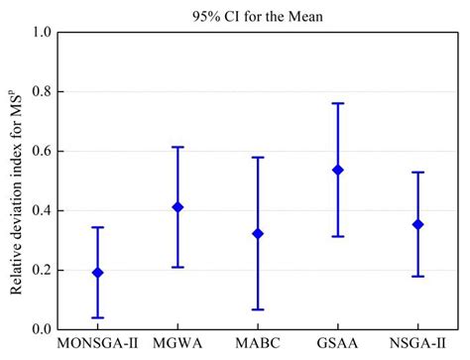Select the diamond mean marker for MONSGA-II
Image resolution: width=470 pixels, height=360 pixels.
[97, 272]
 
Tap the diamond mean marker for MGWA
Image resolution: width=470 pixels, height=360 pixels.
[177, 207]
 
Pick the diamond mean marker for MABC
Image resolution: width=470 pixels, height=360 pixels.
[258, 234]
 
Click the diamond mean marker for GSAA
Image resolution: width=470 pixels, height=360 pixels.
[338, 170]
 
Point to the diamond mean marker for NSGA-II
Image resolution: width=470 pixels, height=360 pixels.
[417, 224]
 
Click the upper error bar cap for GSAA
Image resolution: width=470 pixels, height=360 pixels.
[338, 103]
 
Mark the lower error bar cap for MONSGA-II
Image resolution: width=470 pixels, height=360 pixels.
[97, 317]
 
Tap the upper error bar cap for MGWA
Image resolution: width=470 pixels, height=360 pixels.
[177, 147]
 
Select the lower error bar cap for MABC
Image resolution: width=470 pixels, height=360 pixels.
[258, 309]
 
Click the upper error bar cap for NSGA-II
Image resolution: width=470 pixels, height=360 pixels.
[417, 173]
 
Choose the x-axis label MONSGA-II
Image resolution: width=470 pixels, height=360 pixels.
[97, 346]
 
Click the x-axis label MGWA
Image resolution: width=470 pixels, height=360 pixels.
[177, 346]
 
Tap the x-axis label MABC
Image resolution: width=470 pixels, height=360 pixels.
[258, 346]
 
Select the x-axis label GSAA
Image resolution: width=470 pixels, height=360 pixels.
[338, 346]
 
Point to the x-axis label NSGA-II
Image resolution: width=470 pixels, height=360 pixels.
[417, 346]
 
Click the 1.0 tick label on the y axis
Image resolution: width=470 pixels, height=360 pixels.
[43, 33]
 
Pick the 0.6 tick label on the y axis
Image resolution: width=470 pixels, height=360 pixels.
[43, 152]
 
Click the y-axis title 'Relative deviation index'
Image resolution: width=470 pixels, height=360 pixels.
[17, 183]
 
